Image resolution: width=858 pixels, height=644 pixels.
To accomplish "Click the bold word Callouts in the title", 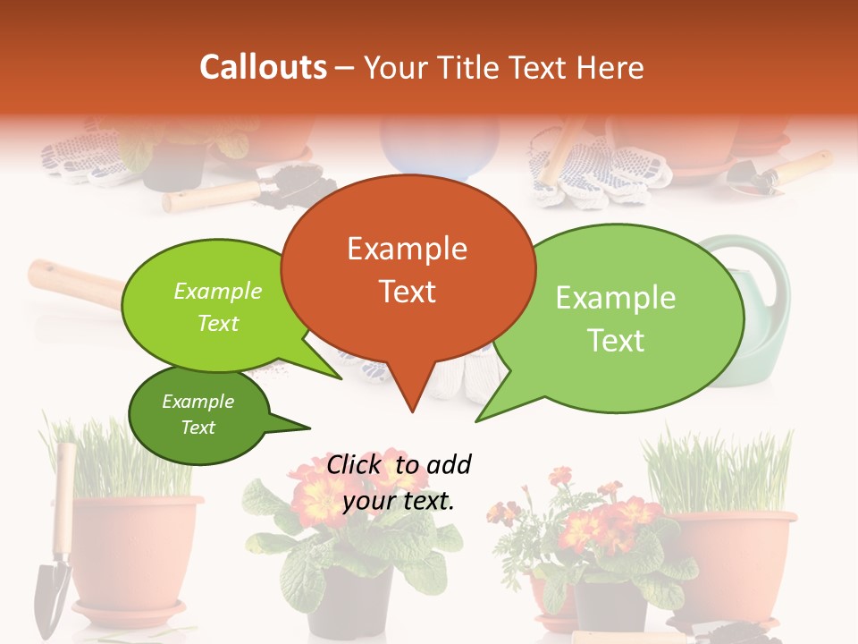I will (263, 67).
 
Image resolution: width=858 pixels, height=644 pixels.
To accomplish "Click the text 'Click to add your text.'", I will (399, 483).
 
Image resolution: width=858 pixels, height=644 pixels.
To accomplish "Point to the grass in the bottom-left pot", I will (125, 461).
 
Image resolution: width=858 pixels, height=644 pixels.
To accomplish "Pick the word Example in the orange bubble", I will (407, 249).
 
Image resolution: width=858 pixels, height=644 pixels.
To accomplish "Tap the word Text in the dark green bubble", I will (198, 428).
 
